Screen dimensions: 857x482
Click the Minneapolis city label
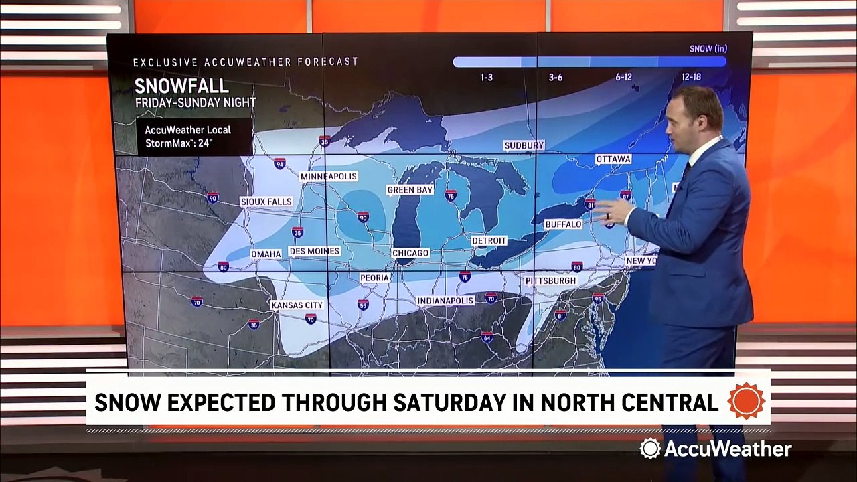point(329,176)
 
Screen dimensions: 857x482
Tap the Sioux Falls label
point(266,202)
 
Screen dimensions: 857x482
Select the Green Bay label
point(410,190)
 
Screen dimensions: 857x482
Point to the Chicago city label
point(410,253)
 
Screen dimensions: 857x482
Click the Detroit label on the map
point(489,240)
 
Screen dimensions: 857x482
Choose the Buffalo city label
point(563,224)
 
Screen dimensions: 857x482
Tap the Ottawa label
point(613,159)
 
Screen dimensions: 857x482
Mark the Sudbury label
point(524,145)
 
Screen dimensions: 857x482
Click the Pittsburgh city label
point(550,280)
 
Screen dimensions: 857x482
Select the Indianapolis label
point(445,301)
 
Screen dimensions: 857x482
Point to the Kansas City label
point(297,305)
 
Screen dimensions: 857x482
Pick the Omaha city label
point(266,254)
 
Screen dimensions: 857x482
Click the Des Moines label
point(315,251)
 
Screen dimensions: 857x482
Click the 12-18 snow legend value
point(692,77)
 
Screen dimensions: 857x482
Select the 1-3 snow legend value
point(487,77)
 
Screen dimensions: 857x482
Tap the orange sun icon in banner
point(746,401)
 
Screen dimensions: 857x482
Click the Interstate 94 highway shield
point(279,163)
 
